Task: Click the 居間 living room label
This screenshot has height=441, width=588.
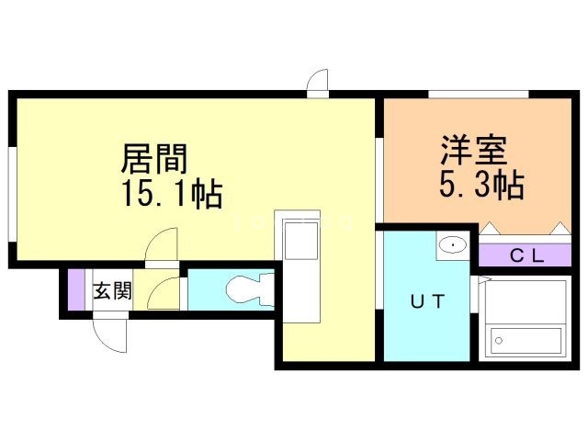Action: pos(154,160)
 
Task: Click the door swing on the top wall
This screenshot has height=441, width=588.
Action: pos(317,84)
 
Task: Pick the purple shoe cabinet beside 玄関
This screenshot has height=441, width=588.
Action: pos(76,292)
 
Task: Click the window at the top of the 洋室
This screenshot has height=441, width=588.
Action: pos(478,94)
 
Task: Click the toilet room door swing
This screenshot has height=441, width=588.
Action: pos(165,292)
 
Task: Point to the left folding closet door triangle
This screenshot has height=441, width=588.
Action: pos(489,227)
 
